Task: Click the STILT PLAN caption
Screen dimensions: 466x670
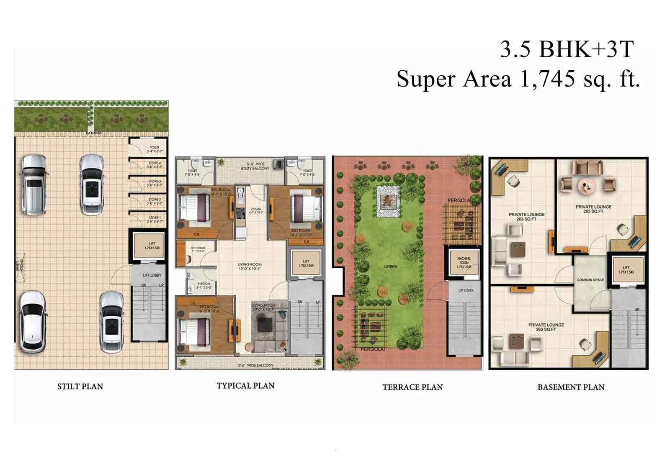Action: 80,387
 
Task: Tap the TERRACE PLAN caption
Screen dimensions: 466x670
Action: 412,387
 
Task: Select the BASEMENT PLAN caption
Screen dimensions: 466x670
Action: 571,387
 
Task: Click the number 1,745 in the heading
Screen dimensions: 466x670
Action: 547,79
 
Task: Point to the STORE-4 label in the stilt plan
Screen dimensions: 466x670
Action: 154,165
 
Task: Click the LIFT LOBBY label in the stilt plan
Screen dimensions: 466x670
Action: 152,275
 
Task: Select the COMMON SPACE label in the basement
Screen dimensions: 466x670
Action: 590,280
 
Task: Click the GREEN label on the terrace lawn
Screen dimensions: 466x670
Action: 390,266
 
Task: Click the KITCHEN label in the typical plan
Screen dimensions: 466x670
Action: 256,210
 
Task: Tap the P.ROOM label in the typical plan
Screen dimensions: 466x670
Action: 204,285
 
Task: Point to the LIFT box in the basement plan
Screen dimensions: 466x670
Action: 626,269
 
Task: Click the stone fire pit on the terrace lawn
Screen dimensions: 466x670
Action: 389,202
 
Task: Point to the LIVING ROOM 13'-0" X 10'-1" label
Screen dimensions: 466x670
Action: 249,266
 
